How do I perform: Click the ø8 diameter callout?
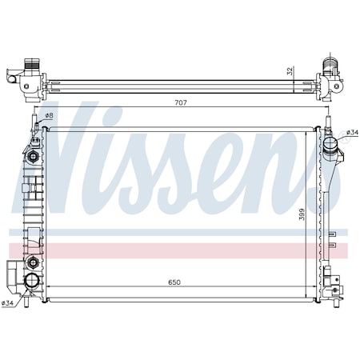(49, 117)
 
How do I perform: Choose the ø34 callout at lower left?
(8, 302)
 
